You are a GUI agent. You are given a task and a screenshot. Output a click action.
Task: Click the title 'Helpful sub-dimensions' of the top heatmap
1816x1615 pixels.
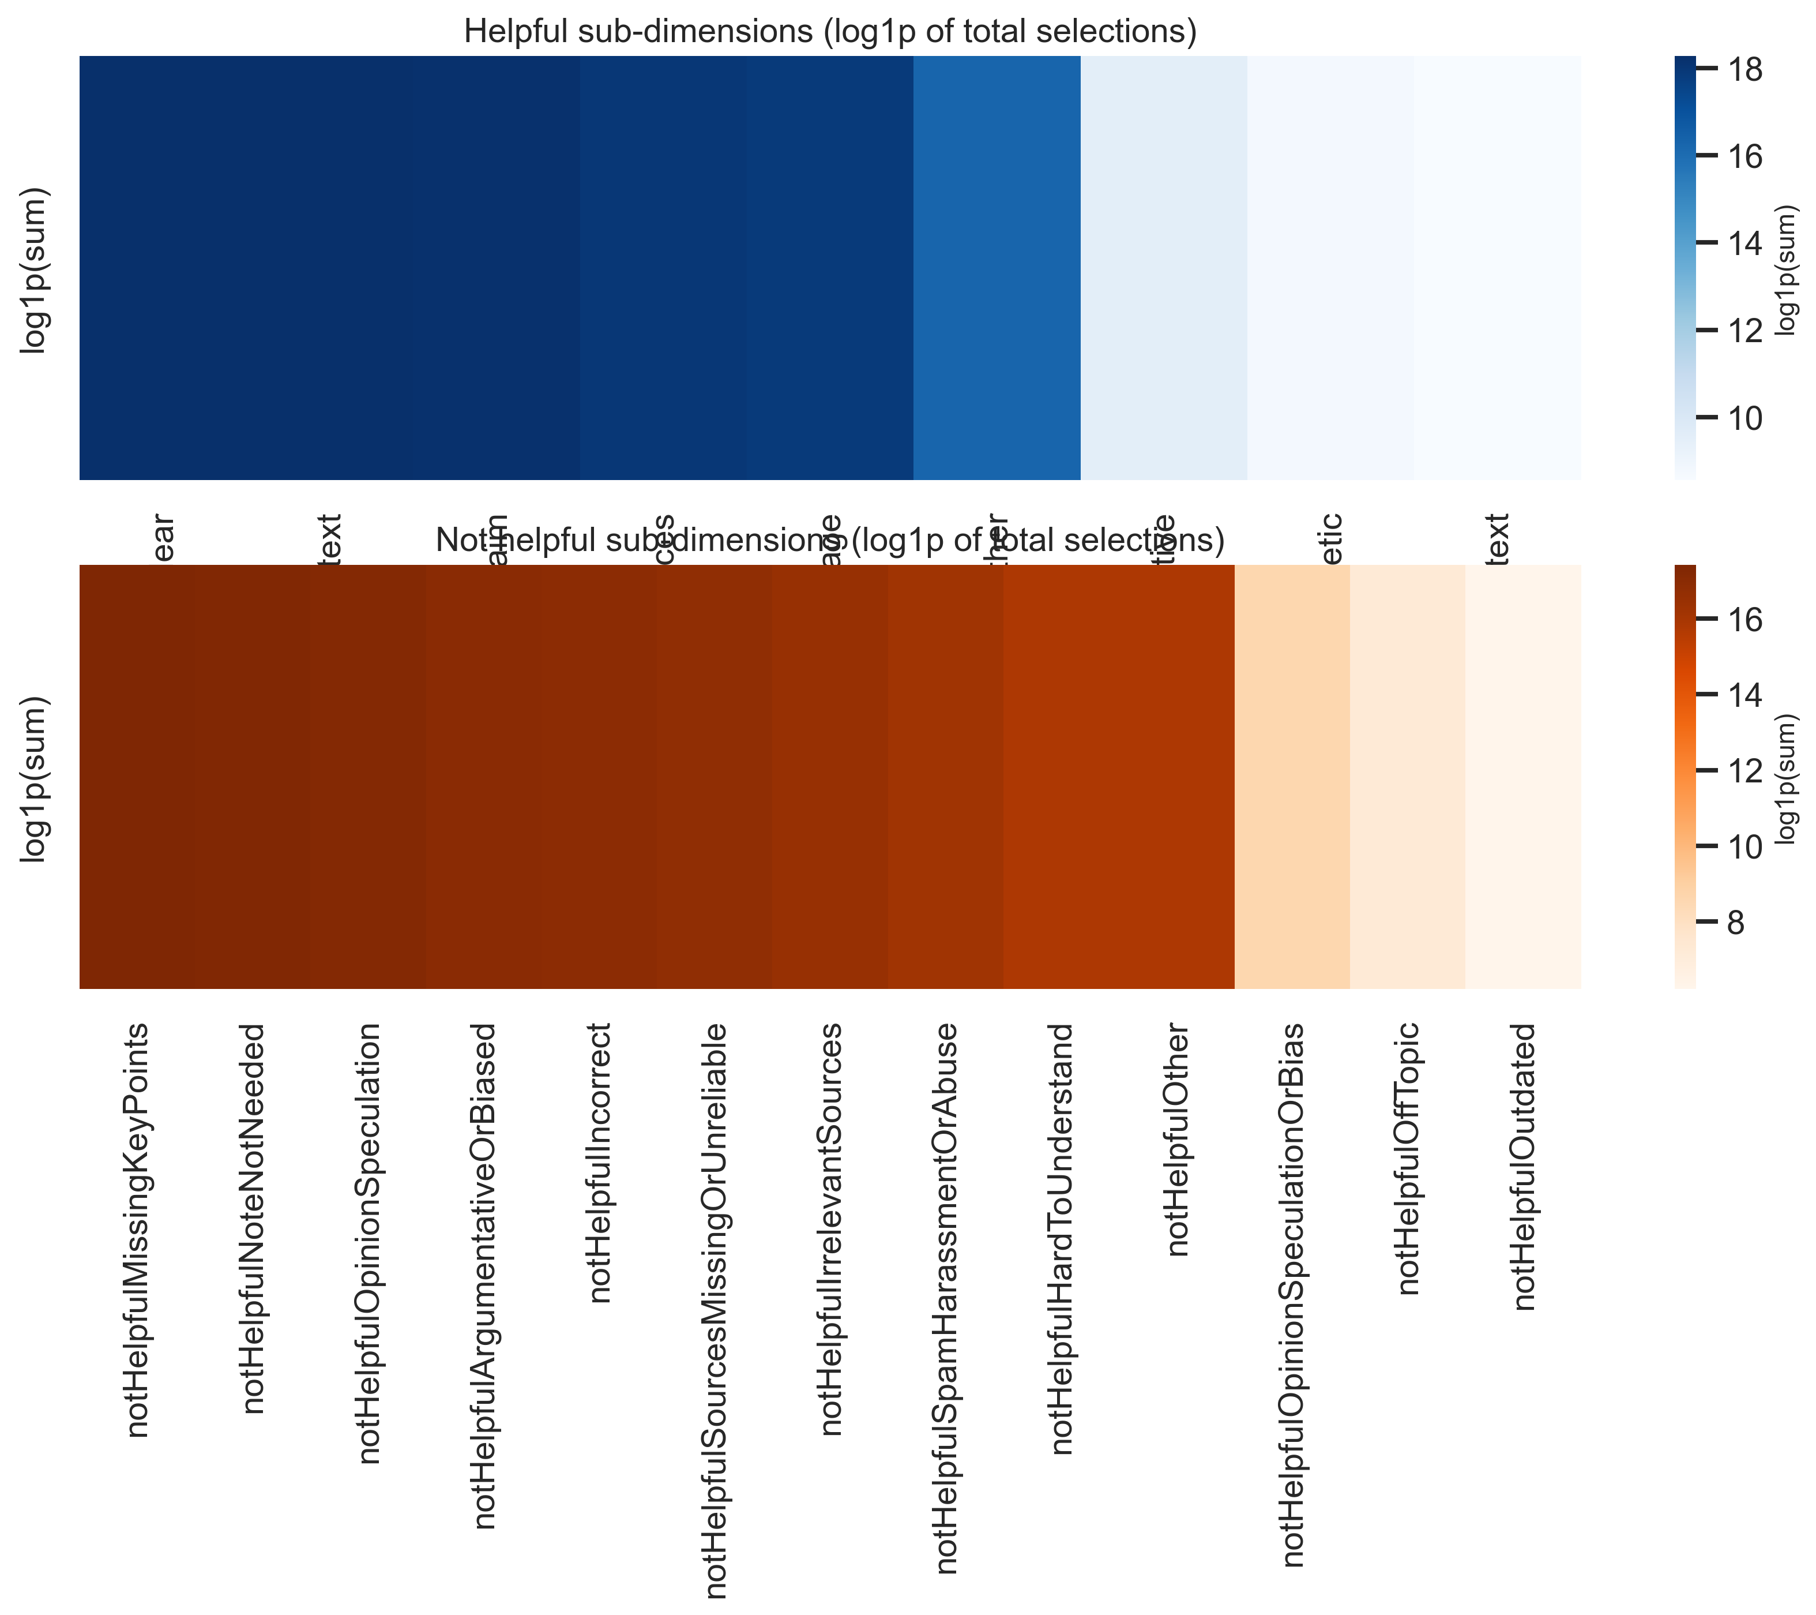click(x=830, y=32)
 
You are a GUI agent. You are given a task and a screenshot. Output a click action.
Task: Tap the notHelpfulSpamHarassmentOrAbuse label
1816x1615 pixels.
click(x=946, y=1298)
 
